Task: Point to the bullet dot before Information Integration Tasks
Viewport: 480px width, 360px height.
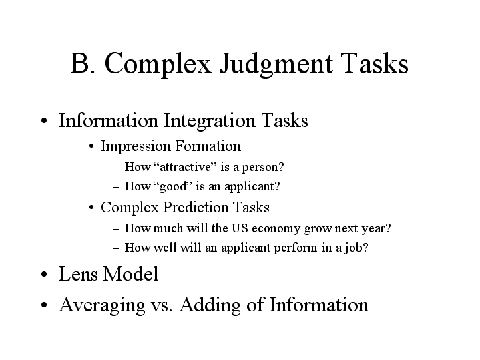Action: (43, 122)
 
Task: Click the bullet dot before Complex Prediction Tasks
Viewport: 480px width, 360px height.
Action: (91, 208)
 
